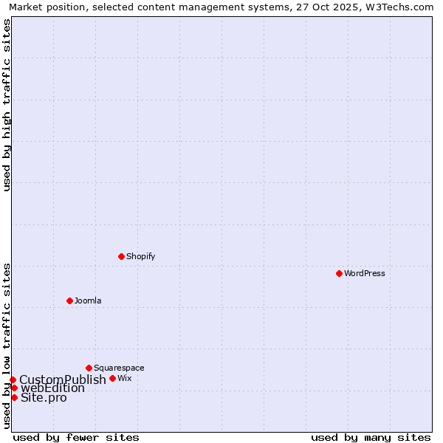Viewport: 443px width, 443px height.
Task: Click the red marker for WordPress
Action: (x=339, y=273)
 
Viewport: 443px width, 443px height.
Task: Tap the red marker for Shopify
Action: (x=121, y=256)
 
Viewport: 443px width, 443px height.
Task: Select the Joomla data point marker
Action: (x=69, y=301)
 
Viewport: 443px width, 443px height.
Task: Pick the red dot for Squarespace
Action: (x=89, y=368)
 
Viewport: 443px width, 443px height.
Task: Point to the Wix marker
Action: (x=112, y=378)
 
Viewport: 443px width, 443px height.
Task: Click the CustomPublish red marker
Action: (x=13, y=380)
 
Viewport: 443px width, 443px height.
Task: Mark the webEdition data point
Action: (x=14, y=388)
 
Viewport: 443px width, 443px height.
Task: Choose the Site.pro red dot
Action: (x=14, y=397)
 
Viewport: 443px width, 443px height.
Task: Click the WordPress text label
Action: (x=365, y=273)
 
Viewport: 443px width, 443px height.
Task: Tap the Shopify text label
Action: (x=140, y=256)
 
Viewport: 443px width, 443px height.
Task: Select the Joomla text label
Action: (x=88, y=301)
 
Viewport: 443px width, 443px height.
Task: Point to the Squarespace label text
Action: (x=119, y=368)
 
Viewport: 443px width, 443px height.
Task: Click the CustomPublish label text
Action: (x=63, y=380)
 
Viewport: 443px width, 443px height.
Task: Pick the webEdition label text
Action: (x=52, y=388)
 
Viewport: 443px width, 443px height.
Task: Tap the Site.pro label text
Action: (x=44, y=398)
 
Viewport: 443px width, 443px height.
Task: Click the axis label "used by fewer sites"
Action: (x=76, y=437)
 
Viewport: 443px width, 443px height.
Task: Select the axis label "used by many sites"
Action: (x=371, y=437)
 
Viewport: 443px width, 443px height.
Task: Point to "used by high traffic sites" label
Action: (x=7, y=105)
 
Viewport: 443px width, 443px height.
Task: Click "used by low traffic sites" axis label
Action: (x=7, y=346)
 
